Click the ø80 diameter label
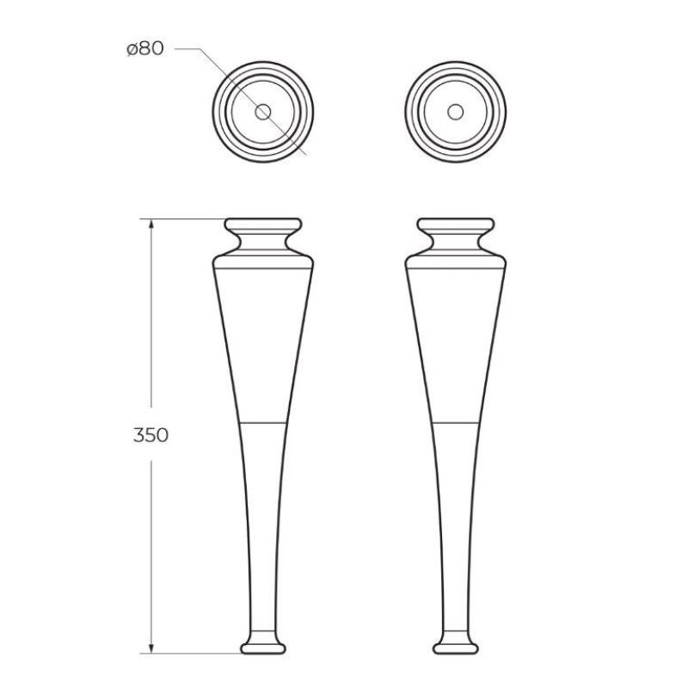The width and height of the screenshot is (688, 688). (x=144, y=50)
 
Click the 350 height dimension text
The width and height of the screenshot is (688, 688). (x=150, y=434)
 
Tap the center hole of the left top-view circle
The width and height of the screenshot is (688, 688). (x=263, y=112)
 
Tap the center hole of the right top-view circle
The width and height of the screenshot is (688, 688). (x=456, y=112)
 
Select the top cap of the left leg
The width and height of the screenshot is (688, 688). (x=264, y=227)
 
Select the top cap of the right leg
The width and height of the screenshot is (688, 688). (x=456, y=227)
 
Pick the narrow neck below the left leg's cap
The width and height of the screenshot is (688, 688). (x=264, y=244)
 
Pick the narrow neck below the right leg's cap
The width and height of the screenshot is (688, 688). (x=456, y=244)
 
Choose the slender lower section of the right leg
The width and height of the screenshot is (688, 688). (x=456, y=533)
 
